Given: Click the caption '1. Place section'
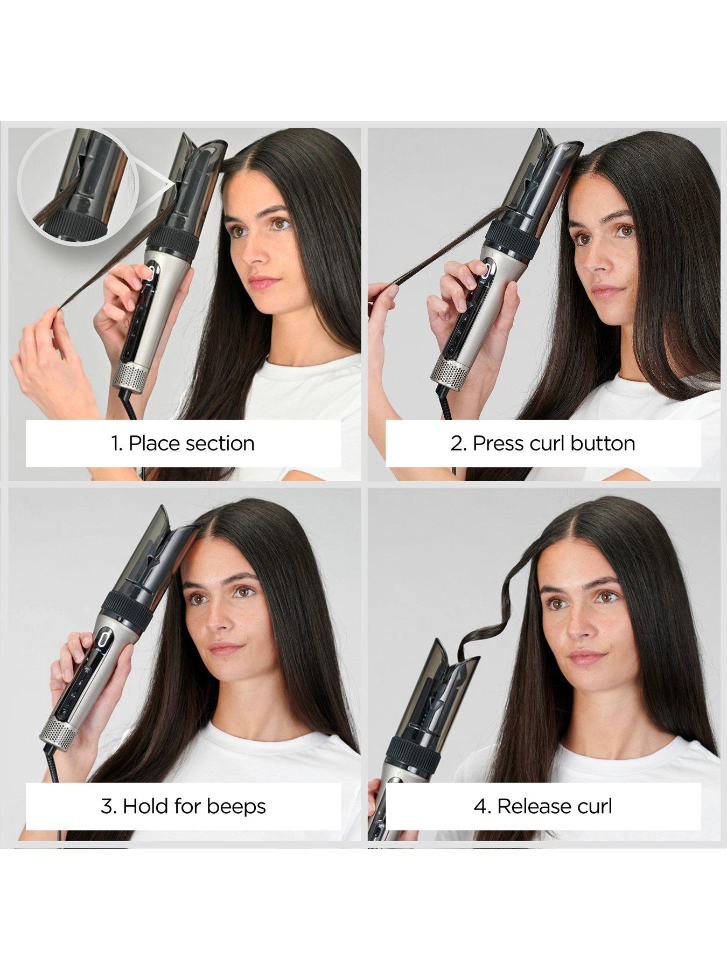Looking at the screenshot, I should click(183, 444).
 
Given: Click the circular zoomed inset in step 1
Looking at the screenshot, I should click(78, 186).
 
